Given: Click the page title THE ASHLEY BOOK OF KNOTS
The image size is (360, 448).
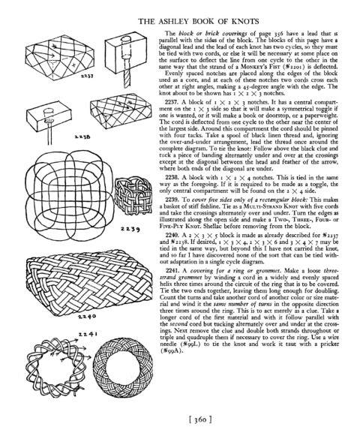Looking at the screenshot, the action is pyautogui.click(x=199, y=22).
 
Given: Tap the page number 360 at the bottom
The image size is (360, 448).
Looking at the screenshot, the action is pyautogui.click(x=200, y=419).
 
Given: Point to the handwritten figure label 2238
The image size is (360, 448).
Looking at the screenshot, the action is pyautogui.click(x=82, y=137).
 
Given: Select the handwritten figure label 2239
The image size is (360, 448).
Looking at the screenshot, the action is pyautogui.click(x=130, y=229).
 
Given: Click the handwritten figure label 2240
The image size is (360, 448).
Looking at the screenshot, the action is pyautogui.click(x=87, y=317).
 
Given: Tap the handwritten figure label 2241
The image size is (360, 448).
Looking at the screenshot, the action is pyautogui.click(x=88, y=333).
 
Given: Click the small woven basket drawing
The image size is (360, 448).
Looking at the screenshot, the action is pyautogui.click(x=133, y=195).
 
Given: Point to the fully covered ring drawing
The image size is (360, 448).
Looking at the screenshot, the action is pyautogui.click(x=123, y=365).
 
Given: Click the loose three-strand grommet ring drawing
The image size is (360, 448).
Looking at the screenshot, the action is pyautogui.click(x=56, y=366).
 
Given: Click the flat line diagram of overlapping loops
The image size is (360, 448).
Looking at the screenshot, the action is pyautogui.click(x=70, y=195).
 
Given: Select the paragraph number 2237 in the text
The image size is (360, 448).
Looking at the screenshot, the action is pyautogui.click(x=171, y=102).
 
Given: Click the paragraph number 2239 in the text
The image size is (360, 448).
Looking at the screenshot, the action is pyautogui.click(x=171, y=200).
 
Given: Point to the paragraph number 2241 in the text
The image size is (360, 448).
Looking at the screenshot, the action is pyautogui.click(x=171, y=271).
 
